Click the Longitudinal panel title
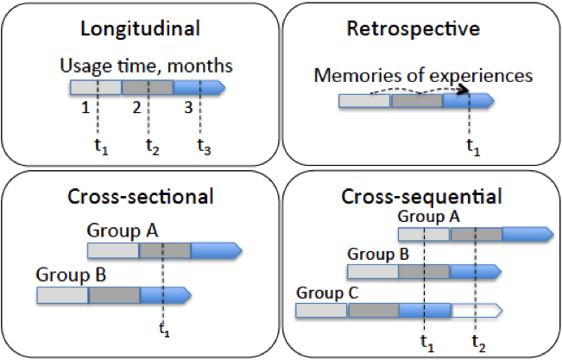tap(140, 29)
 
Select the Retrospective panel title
tap(420, 29)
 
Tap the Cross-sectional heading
tap(140, 195)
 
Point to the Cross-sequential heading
tap(420, 195)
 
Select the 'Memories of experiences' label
tap(423, 76)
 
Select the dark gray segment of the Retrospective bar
tap(416, 101)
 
